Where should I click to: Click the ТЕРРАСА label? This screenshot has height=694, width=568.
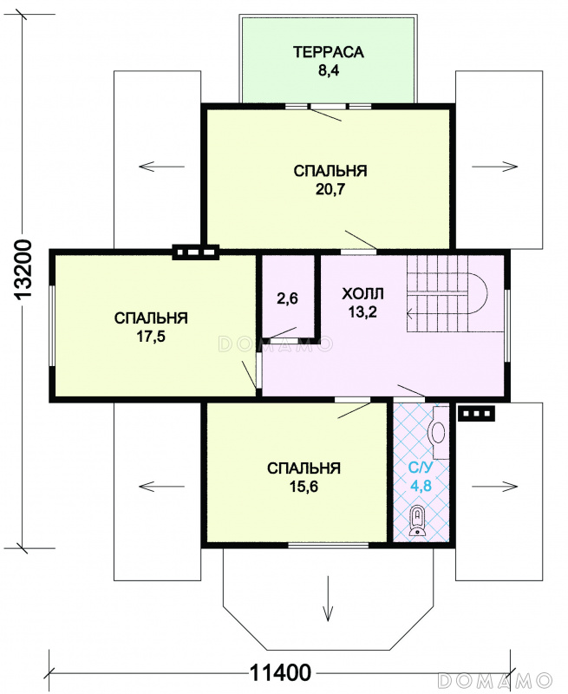[329, 52]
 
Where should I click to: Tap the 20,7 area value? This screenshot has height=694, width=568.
[330, 189]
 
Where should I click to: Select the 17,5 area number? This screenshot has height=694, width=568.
[151, 337]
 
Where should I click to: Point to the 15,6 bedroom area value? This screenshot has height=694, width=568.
[304, 487]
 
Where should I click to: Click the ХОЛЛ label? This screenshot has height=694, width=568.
[362, 293]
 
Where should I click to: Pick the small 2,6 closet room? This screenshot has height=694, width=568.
[288, 298]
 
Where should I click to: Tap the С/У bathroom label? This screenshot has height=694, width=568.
[421, 468]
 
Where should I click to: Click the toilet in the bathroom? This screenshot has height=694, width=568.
[418, 521]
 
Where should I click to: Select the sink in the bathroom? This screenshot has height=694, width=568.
[439, 432]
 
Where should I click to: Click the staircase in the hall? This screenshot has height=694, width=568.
[447, 293]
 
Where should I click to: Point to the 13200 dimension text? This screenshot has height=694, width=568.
[23, 271]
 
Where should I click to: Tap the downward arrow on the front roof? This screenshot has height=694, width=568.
[328, 599]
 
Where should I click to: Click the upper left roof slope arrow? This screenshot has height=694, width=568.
[161, 167]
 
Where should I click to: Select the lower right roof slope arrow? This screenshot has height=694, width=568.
[494, 487]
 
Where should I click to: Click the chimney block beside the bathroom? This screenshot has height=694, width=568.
[476, 414]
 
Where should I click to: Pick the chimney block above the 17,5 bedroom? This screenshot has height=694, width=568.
[195, 252]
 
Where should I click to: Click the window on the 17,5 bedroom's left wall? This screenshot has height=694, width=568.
[52, 327]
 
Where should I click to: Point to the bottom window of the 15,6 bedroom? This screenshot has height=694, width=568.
[329, 545]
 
